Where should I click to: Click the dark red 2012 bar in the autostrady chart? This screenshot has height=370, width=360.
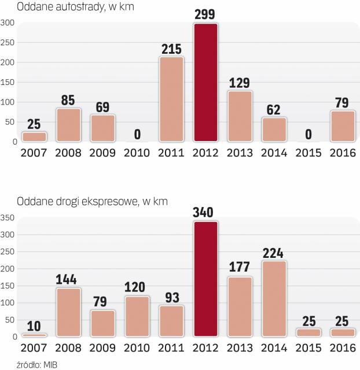pyautogui.click(x=205, y=82)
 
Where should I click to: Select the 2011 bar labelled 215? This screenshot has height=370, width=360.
pyautogui.click(x=171, y=99)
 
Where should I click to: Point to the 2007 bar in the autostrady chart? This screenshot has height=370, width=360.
pyautogui.click(x=34, y=136)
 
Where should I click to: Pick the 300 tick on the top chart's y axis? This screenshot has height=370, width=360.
pyautogui.click(x=8, y=23)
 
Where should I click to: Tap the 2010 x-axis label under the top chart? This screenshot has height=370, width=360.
pyautogui.click(x=137, y=153)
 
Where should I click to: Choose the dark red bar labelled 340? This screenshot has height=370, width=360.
pyautogui.click(x=205, y=279)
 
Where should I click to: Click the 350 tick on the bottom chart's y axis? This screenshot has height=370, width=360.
pyautogui.click(x=8, y=218)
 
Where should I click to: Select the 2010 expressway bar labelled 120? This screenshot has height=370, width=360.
pyautogui.click(x=137, y=316)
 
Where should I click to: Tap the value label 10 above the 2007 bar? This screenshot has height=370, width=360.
pyautogui.click(x=34, y=324)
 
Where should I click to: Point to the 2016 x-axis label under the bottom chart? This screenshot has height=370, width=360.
pyautogui.click(x=343, y=348)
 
